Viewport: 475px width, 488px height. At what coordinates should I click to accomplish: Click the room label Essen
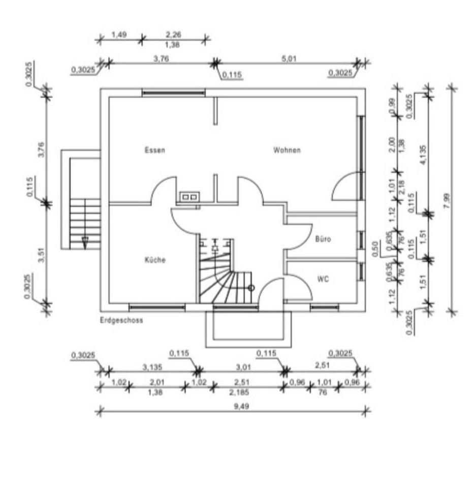click(x=154, y=150)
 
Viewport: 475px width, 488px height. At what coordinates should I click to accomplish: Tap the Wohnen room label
click(x=287, y=150)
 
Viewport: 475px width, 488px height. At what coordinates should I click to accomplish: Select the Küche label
click(x=155, y=260)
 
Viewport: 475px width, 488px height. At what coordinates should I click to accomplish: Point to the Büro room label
click(x=323, y=239)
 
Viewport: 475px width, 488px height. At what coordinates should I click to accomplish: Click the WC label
click(x=323, y=279)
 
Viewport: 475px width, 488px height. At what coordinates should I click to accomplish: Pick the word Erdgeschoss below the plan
click(x=122, y=321)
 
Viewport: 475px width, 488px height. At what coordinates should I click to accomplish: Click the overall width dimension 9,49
click(x=233, y=406)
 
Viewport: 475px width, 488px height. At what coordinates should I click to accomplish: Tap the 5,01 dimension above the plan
click(x=289, y=58)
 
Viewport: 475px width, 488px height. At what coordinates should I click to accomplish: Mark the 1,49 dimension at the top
click(x=119, y=35)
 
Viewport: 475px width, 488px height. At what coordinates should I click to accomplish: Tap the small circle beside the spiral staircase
click(x=251, y=288)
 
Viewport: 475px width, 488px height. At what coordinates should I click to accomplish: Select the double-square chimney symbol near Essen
click(x=189, y=196)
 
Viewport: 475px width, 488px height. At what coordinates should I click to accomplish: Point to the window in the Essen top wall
click(x=173, y=93)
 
